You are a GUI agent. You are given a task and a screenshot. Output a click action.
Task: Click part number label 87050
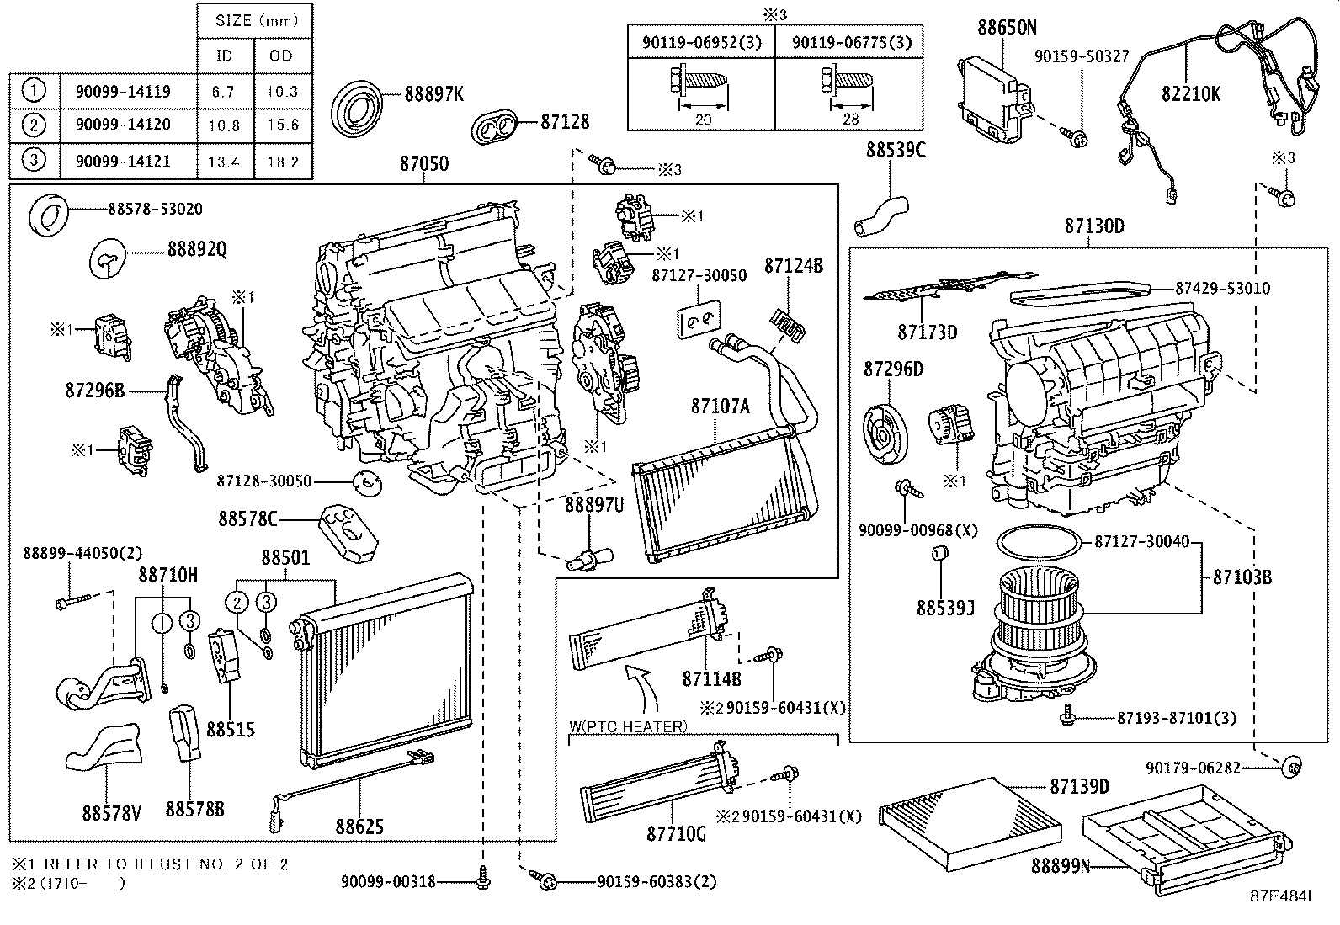pos(424,164)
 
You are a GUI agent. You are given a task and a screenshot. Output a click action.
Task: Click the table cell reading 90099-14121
pos(123,162)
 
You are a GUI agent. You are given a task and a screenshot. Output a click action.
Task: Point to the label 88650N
pos(1007,27)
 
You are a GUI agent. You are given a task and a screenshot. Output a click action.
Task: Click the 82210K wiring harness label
pos(1190,93)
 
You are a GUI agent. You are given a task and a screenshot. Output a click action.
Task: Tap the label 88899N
pos(1060,866)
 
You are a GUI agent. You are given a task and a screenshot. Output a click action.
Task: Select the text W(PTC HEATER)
pos(628,726)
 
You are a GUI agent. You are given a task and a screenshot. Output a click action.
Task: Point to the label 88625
pos(359,827)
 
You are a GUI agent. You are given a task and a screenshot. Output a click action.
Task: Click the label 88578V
pos(111,813)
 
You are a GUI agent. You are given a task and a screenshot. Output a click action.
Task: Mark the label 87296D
pos(893,369)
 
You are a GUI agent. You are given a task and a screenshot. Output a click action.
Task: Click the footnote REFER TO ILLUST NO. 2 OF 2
pos(166,864)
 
